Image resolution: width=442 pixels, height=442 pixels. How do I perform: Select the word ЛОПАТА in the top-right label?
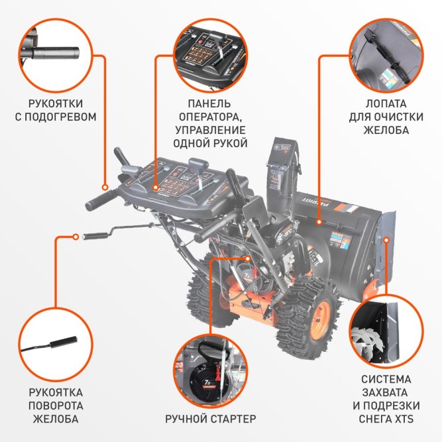[x=387, y=104]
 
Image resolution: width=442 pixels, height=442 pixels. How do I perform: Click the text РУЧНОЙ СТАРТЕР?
[x=210, y=419]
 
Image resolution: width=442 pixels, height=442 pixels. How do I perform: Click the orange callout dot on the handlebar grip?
[x=105, y=188]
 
